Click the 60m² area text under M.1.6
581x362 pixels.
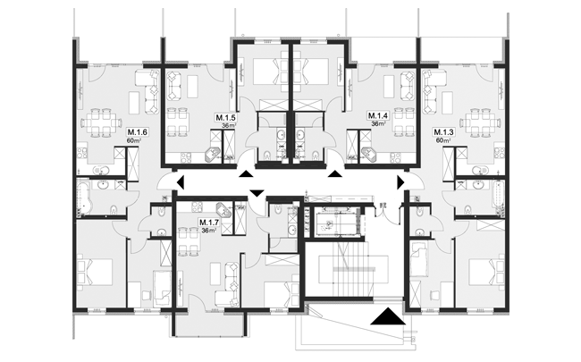tap(134, 140)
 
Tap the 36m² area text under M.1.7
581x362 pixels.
tap(209, 230)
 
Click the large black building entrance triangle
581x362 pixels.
tap(388, 316)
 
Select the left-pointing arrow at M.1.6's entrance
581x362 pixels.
tap(181, 182)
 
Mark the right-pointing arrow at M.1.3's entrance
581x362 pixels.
tap(401, 182)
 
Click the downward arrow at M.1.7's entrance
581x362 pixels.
tap(257, 193)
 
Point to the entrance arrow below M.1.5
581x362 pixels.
tap(246, 173)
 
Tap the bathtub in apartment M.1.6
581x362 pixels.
tap(84, 198)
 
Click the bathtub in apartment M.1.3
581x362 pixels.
tap(498, 198)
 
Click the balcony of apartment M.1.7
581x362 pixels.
tap(208, 324)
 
